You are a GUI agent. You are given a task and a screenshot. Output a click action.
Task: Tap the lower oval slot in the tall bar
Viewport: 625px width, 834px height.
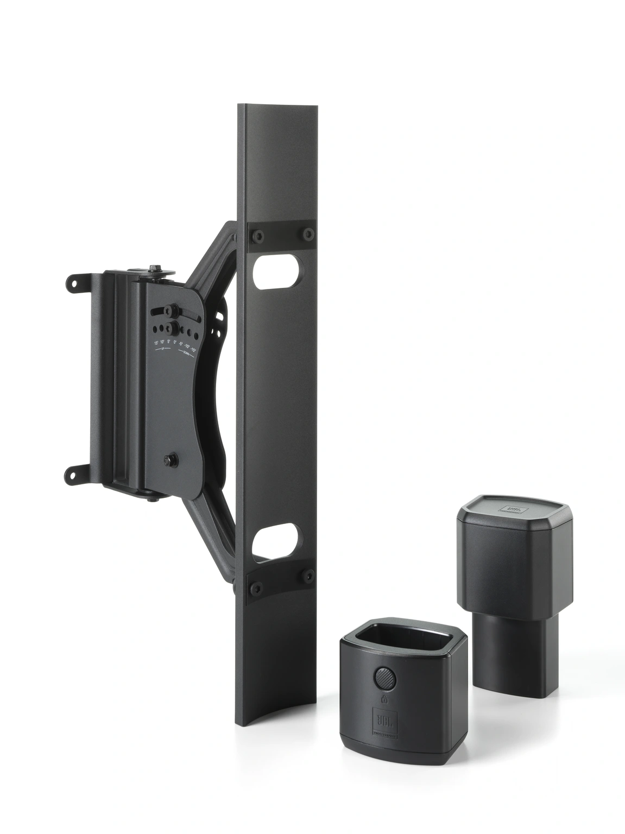pyautogui.click(x=277, y=539)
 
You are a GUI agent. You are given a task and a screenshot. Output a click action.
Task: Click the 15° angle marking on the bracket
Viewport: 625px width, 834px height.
pyautogui.click(x=156, y=343)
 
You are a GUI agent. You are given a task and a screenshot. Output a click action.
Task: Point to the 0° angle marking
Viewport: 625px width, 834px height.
pyautogui.click(x=175, y=343)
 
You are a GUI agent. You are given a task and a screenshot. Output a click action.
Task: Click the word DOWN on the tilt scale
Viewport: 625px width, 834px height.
pyautogui.click(x=186, y=354)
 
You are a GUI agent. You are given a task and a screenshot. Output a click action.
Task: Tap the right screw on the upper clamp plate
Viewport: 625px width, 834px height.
pyautogui.click(x=308, y=234)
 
